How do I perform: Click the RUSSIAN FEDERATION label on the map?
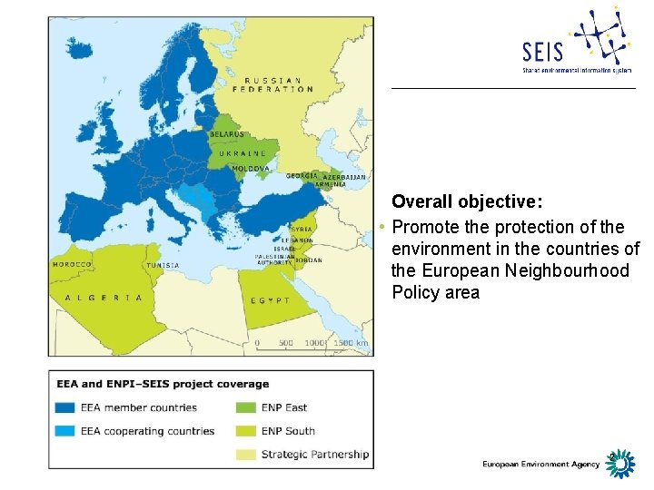(272, 84)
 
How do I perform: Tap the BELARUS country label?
(227, 134)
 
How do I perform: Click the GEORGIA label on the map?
(301, 175)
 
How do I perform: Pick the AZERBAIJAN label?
(346, 177)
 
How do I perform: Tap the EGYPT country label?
(271, 300)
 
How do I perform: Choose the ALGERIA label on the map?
(103, 297)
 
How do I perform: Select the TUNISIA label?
(163, 265)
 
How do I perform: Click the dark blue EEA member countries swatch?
(65, 407)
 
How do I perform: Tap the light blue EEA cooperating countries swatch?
(65, 431)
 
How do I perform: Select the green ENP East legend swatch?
(244, 407)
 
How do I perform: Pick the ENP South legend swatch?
(244, 431)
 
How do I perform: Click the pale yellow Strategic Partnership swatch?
(244, 454)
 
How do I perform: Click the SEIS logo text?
(542, 51)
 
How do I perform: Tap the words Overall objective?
(467, 201)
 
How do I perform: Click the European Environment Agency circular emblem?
(619, 464)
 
